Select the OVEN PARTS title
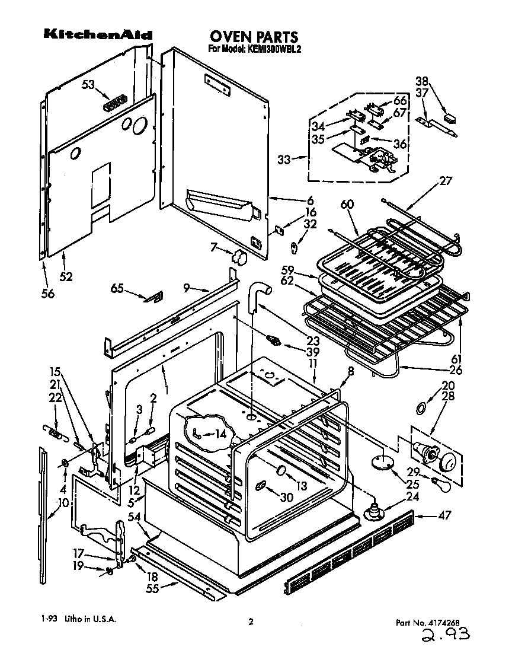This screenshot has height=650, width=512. [x=253, y=37]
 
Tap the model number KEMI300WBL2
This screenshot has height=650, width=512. [x=255, y=50]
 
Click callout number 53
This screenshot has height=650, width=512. [x=88, y=85]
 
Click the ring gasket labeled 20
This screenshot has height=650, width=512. [x=421, y=407]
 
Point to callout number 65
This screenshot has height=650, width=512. [x=118, y=288]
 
